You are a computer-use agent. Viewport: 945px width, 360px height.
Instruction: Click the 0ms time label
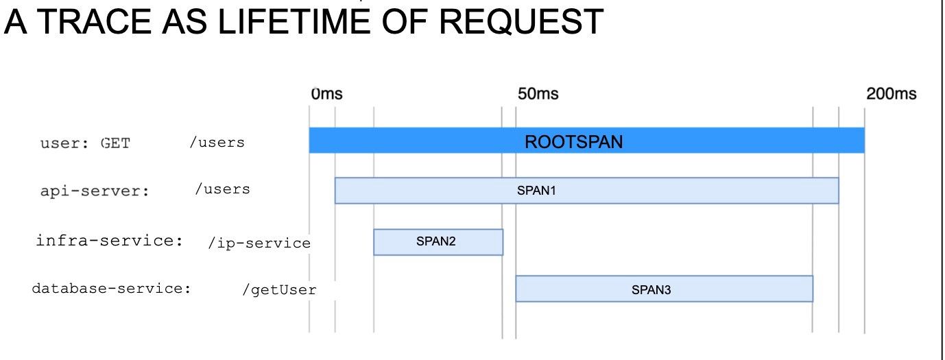(x=326, y=95)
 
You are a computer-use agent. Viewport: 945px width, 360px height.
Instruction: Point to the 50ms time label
(x=537, y=95)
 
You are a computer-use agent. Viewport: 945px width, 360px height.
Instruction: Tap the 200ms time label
(x=891, y=95)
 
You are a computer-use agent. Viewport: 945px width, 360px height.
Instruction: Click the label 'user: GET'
(x=85, y=143)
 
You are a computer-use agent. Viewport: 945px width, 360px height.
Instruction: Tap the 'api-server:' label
(x=95, y=191)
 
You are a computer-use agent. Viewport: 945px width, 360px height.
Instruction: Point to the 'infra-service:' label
(x=109, y=241)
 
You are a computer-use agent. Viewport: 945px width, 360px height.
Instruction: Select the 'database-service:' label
(x=111, y=288)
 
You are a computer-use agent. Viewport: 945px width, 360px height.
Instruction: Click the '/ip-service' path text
(x=259, y=243)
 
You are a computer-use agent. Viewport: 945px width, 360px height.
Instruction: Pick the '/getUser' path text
(x=279, y=290)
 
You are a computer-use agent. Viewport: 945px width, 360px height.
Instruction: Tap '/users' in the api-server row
(x=222, y=189)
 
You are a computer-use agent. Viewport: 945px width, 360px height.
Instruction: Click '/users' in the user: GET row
(x=217, y=143)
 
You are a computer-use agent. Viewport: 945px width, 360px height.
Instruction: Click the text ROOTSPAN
(x=574, y=142)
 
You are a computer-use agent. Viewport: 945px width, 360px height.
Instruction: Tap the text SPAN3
(x=651, y=290)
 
